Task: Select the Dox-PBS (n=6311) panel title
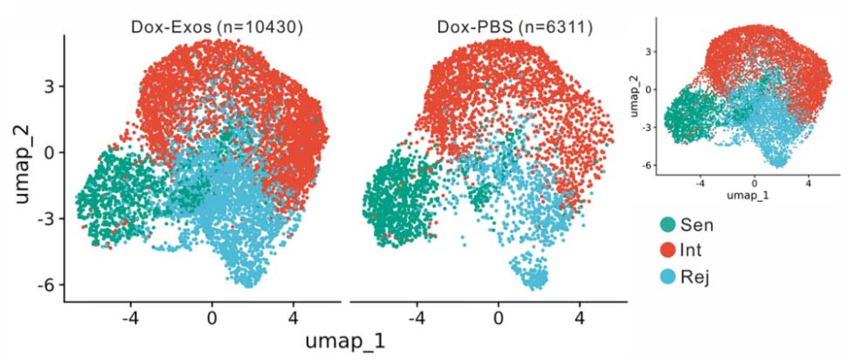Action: [x=515, y=27]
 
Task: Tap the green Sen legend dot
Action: [x=670, y=225]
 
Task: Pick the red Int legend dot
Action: [x=670, y=252]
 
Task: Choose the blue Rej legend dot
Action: [x=670, y=279]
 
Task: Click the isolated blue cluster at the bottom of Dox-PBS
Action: [x=532, y=279]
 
